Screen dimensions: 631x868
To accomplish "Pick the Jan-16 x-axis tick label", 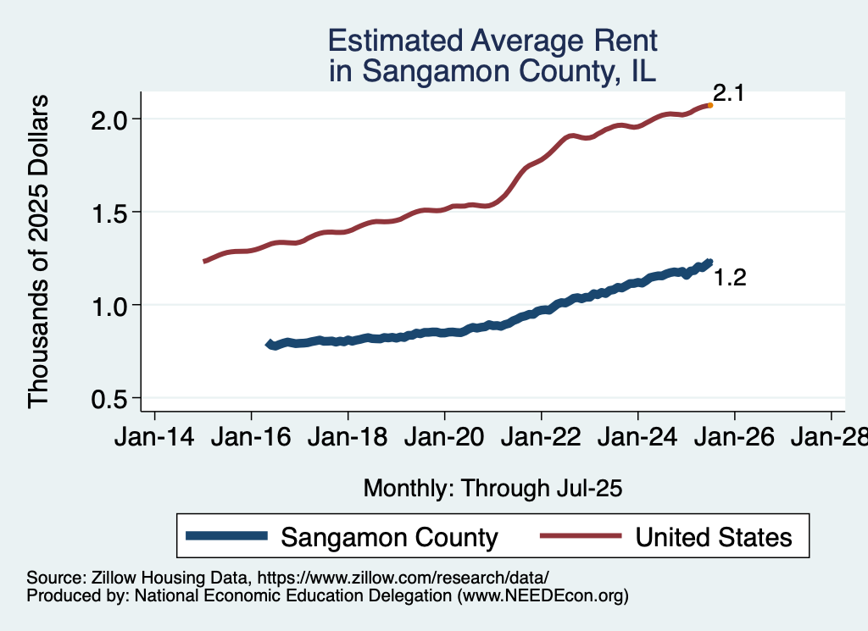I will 251,440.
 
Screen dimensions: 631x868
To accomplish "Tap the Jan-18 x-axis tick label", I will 348,440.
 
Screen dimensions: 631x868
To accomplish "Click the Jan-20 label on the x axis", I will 444,440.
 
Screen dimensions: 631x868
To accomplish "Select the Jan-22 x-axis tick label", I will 541,440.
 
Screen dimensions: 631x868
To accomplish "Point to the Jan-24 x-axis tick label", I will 637,440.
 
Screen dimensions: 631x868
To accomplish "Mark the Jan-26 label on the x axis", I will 734,440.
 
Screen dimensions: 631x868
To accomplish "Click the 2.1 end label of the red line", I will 728,93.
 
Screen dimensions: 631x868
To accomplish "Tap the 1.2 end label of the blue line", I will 729,278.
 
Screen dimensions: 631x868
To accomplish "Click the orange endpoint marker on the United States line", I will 709,105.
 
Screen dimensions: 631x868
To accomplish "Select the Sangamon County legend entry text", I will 389,537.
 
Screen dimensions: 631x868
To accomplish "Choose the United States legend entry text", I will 714,537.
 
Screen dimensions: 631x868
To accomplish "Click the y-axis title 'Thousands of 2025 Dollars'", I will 39,252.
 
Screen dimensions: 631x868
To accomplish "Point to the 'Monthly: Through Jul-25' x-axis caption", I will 492,488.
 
